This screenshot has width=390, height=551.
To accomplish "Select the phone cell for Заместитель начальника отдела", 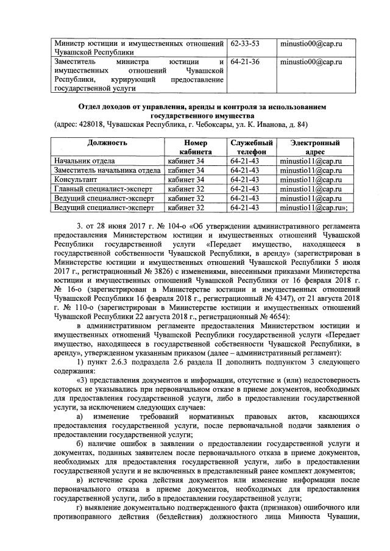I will pyautogui.click(x=246, y=170).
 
